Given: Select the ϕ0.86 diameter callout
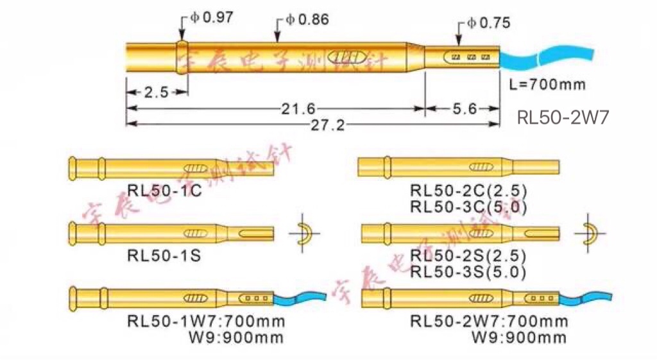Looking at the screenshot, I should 307,20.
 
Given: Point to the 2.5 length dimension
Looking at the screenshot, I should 156,92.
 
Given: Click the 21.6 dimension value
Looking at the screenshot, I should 297,109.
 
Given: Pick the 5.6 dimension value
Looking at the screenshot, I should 464,109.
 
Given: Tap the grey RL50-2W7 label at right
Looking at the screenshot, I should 563,117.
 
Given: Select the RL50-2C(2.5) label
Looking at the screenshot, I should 468,191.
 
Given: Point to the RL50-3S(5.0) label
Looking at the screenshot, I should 468,271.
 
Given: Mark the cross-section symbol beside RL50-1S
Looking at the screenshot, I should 304,234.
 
